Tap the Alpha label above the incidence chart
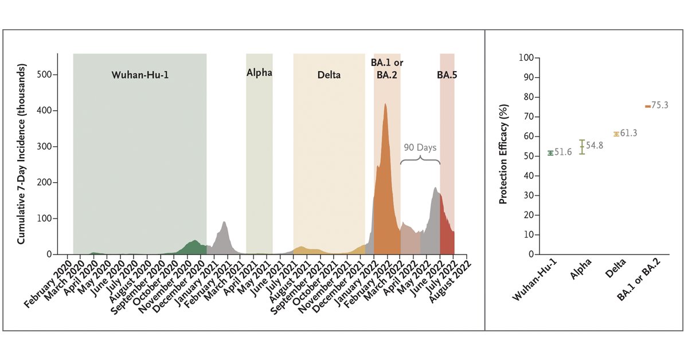(x=259, y=73)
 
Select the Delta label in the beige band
(x=329, y=75)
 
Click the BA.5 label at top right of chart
(x=447, y=75)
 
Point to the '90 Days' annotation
(x=419, y=147)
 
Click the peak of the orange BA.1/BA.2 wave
(x=385, y=104)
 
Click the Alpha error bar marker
(x=582, y=147)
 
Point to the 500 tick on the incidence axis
(x=45, y=75)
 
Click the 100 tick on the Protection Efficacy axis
(x=526, y=58)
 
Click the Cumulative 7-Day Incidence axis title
(x=21, y=155)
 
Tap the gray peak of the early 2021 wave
(x=224, y=222)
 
